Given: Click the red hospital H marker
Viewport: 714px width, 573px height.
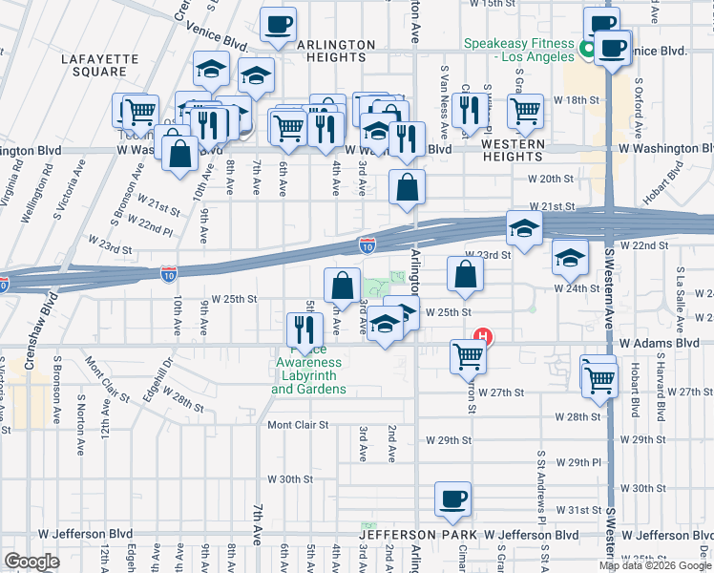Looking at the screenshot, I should click(x=484, y=336).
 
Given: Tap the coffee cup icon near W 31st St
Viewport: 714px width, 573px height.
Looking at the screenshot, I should click(x=452, y=498).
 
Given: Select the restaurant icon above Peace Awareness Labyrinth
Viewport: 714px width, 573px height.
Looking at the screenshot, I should click(x=304, y=329).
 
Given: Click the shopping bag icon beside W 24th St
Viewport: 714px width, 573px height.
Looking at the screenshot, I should click(x=464, y=274).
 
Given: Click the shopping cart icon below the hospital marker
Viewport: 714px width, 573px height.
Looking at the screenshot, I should click(x=468, y=356).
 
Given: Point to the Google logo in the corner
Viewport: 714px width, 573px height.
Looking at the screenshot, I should click(x=31, y=562).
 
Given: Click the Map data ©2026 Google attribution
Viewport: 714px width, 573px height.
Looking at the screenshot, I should click(x=654, y=565).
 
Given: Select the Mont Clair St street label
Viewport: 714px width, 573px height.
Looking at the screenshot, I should click(x=298, y=425).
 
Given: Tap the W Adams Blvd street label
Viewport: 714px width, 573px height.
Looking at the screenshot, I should click(x=659, y=342).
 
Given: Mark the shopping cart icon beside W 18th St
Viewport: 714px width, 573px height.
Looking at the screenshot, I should click(x=525, y=111).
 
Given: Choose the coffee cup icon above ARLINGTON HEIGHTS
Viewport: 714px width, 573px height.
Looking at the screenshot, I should click(x=278, y=24).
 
